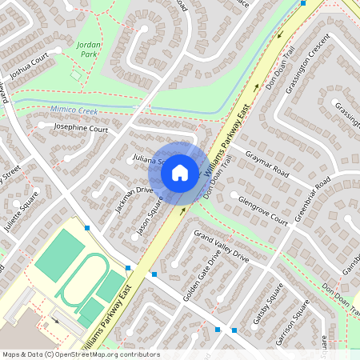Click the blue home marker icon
[180, 171]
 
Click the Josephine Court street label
[80, 128]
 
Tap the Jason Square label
[150, 216]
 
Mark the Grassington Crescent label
[308, 62]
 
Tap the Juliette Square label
[20, 214]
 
